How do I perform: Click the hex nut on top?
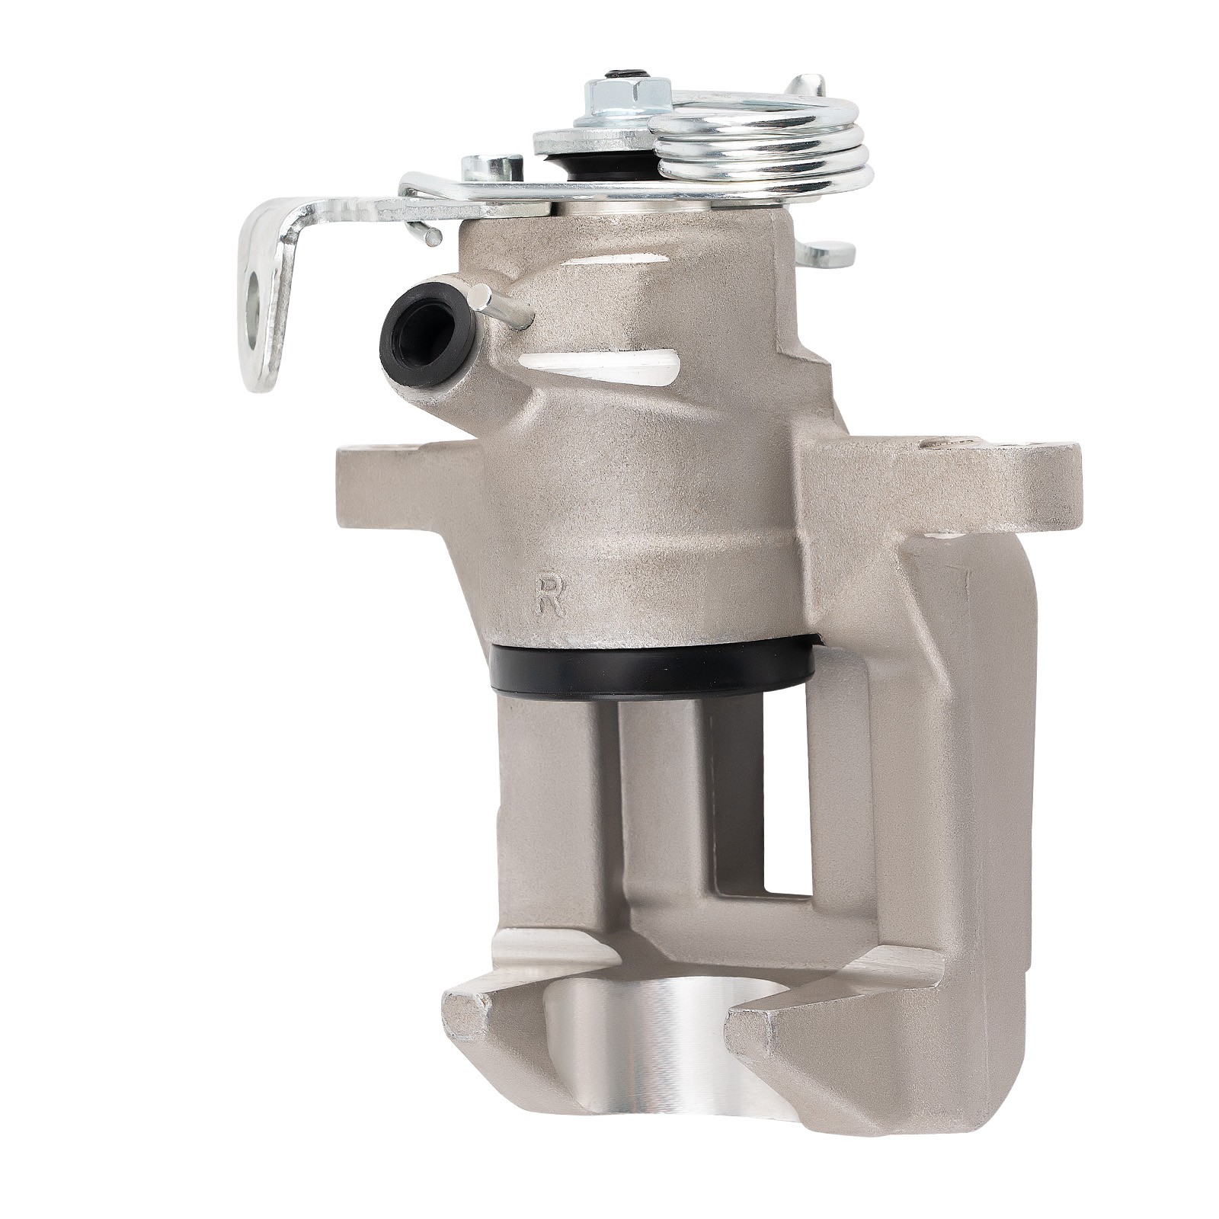626,95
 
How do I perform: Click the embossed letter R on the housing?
549,595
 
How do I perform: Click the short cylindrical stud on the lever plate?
492,168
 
